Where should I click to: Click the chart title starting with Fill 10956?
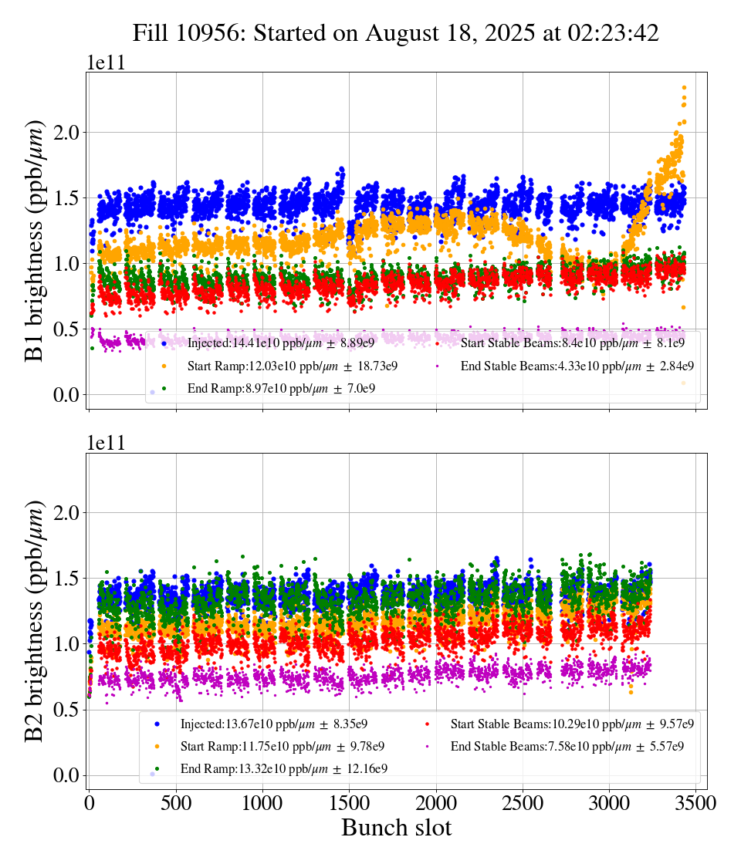coord(395,33)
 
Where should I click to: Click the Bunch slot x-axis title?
coord(396,829)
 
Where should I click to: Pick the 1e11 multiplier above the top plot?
coord(106,63)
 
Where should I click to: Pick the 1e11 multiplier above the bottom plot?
coord(106,444)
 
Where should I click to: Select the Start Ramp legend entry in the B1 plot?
coord(293,366)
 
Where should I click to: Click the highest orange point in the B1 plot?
coord(684,88)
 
